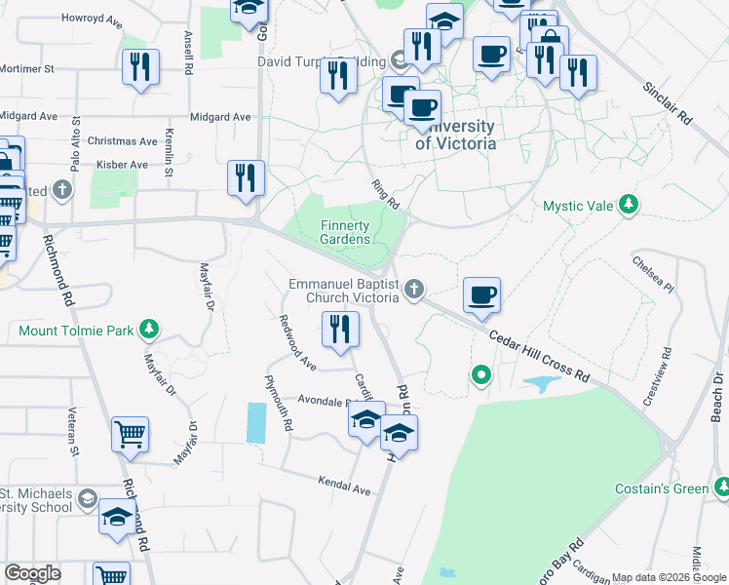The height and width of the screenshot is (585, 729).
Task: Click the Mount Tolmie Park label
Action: (76, 331)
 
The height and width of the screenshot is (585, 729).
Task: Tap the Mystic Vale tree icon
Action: (630, 205)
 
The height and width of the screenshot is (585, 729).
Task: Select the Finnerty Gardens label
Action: (346, 232)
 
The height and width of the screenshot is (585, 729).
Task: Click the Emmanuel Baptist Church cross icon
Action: (415, 288)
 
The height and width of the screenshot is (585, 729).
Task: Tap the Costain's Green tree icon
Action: (721, 486)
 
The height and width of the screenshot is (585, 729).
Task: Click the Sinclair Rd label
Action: (667, 102)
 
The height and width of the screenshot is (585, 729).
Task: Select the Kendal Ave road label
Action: (345, 485)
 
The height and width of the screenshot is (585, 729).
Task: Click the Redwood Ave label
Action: (296, 343)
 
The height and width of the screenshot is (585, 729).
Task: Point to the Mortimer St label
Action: (26, 70)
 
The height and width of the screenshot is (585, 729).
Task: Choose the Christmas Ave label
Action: (122, 141)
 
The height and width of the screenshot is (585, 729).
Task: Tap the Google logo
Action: (32, 573)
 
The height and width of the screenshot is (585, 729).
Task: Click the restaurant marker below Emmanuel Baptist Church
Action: (339, 329)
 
